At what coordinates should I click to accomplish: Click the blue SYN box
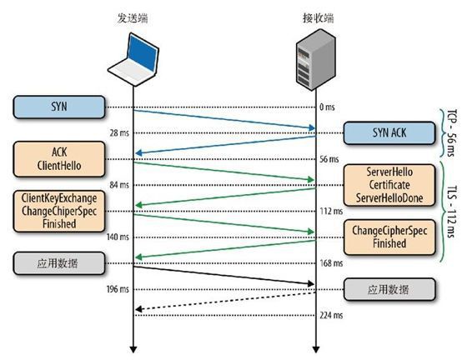59,107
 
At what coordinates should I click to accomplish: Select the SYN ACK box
389,133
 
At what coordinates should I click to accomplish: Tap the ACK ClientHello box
59,159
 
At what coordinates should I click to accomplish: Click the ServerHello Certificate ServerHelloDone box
389,185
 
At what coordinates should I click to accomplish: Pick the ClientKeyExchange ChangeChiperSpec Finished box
59,211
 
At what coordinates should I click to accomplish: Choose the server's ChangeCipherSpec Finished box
389,237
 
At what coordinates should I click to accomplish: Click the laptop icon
133,59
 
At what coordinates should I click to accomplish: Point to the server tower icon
316,59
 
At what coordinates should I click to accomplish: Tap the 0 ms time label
327,107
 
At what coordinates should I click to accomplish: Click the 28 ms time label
119,133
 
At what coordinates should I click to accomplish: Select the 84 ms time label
119,185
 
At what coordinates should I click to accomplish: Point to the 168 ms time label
331,263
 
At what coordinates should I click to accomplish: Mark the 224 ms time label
331,315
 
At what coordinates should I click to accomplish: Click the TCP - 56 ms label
451,132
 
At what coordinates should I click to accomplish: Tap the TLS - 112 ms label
451,212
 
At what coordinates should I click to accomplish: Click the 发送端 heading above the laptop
133,18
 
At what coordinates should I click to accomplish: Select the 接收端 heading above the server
319,18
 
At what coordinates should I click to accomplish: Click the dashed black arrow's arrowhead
138,309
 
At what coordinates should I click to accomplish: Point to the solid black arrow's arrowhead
311,283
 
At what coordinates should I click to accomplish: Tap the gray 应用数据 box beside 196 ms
389,289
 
